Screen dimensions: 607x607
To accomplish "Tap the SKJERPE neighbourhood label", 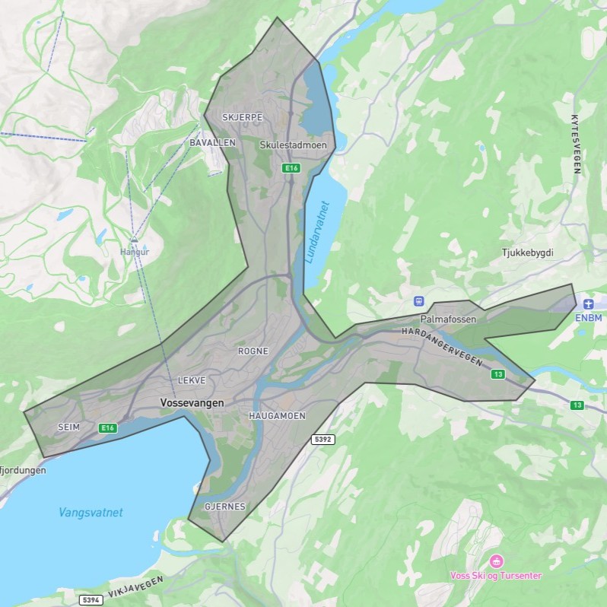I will click(242, 117).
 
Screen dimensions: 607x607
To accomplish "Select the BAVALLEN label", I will click(212, 142).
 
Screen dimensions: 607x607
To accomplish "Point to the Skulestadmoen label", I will click(293, 145).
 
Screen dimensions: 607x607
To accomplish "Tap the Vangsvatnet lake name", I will click(91, 513).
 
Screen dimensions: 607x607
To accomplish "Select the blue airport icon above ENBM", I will click(588, 304).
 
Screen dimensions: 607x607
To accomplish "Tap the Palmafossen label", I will click(448, 319).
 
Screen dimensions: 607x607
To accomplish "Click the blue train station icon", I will click(418, 300).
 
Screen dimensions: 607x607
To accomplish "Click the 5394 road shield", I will click(91, 600).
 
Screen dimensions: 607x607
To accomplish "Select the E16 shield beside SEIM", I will click(108, 428).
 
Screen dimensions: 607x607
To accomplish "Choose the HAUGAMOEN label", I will click(277, 416).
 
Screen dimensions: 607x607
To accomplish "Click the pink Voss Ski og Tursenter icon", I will click(496, 561).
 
